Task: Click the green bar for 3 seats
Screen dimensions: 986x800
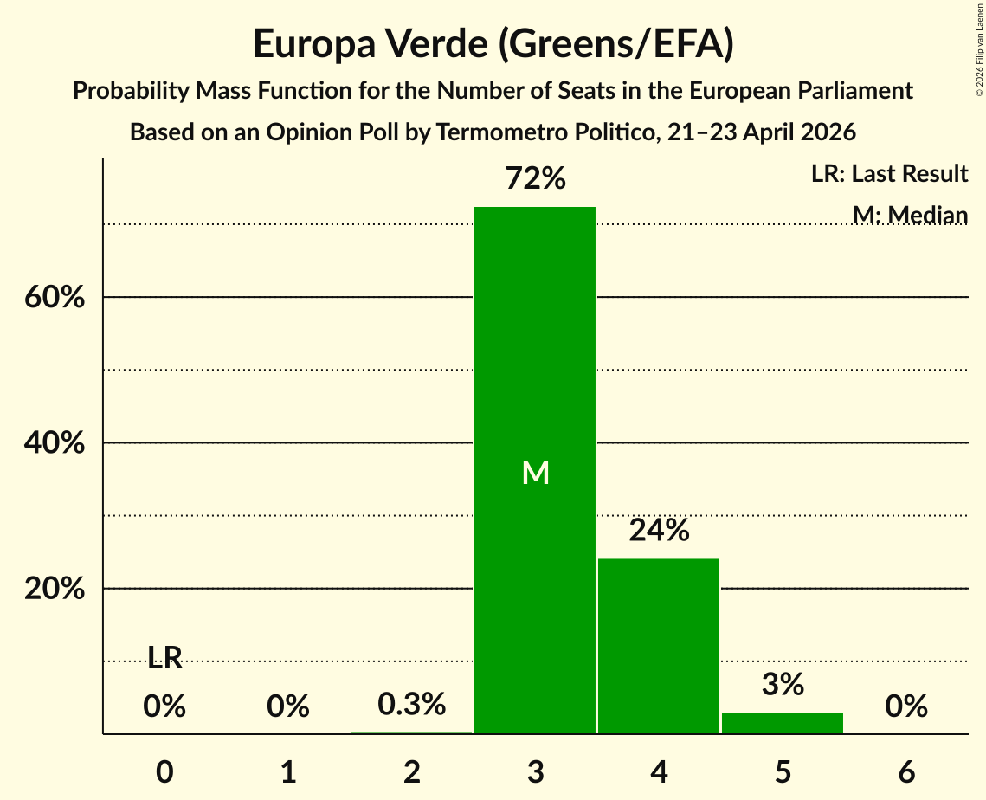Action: pos(534,470)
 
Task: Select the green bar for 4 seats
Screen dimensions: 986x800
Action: pos(659,646)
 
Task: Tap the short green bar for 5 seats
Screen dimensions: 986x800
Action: pos(783,723)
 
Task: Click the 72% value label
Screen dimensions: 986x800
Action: pos(536,178)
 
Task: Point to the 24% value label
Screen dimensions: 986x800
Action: pos(659,530)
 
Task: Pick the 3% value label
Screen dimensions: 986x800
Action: pos(783,684)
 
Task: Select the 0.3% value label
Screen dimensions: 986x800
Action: pos(412,704)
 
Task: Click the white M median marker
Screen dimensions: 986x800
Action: pos(536,473)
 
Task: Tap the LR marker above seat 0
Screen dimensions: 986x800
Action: pos(164,657)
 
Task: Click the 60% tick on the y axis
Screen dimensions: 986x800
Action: pos(55,297)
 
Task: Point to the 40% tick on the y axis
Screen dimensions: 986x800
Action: pos(55,442)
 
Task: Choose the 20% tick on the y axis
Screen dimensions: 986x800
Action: pos(55,589)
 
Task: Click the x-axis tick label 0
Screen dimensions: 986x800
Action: pos(164,771)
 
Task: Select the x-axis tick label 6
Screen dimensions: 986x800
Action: pos(906,771)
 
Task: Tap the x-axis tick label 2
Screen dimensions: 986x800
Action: pos(412,771)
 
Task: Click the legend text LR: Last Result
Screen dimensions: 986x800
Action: pos(889,173)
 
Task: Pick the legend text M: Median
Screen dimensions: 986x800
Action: pos(910,215)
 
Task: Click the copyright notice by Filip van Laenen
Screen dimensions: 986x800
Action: pos(979,49)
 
